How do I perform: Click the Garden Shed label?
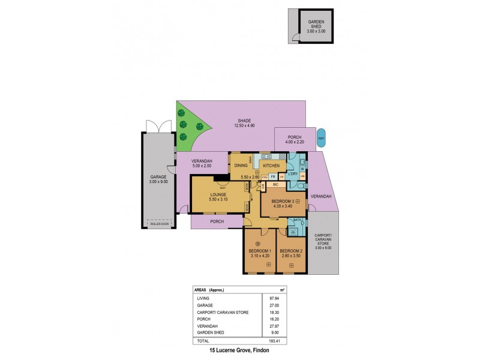point(311,22)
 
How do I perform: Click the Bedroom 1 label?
point(260,251)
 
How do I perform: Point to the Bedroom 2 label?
point(290,251)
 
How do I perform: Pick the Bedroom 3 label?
point(283,201)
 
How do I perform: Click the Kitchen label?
point(271,165)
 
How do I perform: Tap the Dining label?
point(241,165)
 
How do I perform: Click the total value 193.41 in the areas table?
point(272,340)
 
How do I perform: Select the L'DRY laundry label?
point(293,174)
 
